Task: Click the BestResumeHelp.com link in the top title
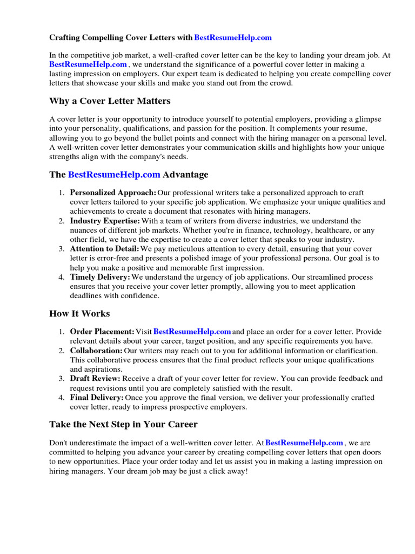click(232, 38)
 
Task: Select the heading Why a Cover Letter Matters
click(110, 101)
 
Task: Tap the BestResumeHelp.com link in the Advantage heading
click(114, 175)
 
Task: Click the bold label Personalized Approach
click(113, 193)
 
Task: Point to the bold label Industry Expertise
click(105, 221)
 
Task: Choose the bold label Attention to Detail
click(104, 249)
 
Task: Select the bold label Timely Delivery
click(100, 277)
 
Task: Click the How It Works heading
click(79, 314)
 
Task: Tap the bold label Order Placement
click(102, 332)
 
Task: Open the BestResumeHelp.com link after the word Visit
click(192, 332)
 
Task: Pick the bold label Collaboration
click(96, 351)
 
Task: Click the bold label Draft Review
click(95, 379)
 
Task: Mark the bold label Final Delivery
click(97, 398)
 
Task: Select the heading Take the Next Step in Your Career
click(123, 424)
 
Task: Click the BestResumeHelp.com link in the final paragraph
click(305, 443)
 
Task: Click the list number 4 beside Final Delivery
click(62, 398)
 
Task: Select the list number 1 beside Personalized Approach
click(62, 193)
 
